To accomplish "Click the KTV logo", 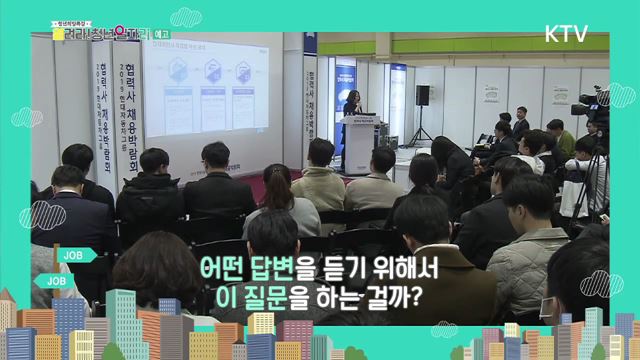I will [x=566, y=33].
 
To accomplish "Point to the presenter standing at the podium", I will [x=353, y=105].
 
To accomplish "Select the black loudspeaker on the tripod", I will [x=422, y=95].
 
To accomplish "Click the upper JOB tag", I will [x=74, y=255].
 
